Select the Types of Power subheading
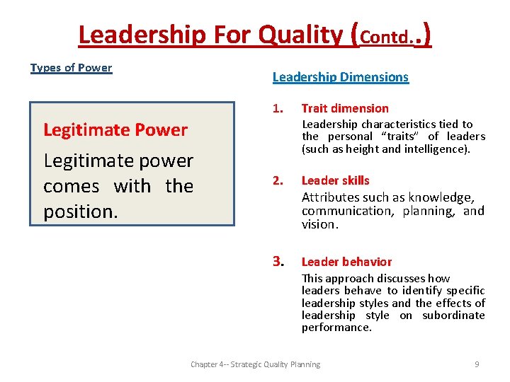(71, 68)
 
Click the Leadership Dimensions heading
(340, 77)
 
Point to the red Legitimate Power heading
(115, 130)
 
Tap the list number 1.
(278, 108)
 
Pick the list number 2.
(278, 180)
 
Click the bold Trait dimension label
(345, 108)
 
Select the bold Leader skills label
(335, 180)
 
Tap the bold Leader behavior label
(346, 262)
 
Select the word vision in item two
(319, 224)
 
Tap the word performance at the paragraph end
(336, 328)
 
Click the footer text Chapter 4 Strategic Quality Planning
(255, 364)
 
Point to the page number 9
(477, 364)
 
